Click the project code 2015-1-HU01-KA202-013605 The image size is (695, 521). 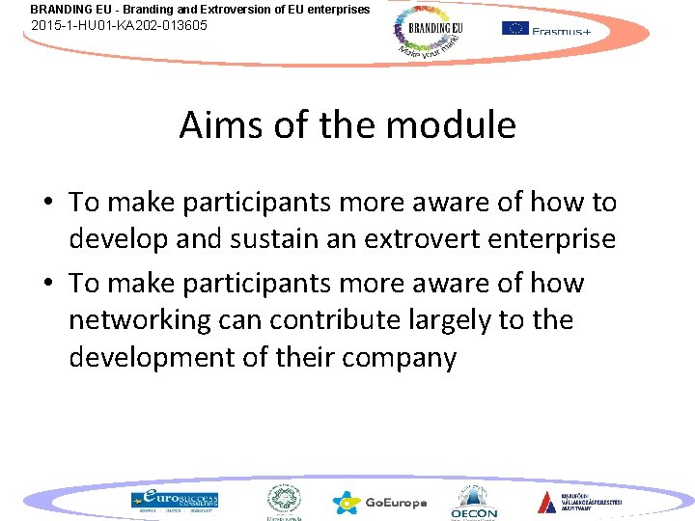pos(119,25)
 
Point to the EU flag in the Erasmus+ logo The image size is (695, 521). pos(514,28)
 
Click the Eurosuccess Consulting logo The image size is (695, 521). pos(175,500)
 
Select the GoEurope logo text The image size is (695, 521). pos(396,503)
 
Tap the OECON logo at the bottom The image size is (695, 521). pos(474,502)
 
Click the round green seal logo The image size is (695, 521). pos(284,499)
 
